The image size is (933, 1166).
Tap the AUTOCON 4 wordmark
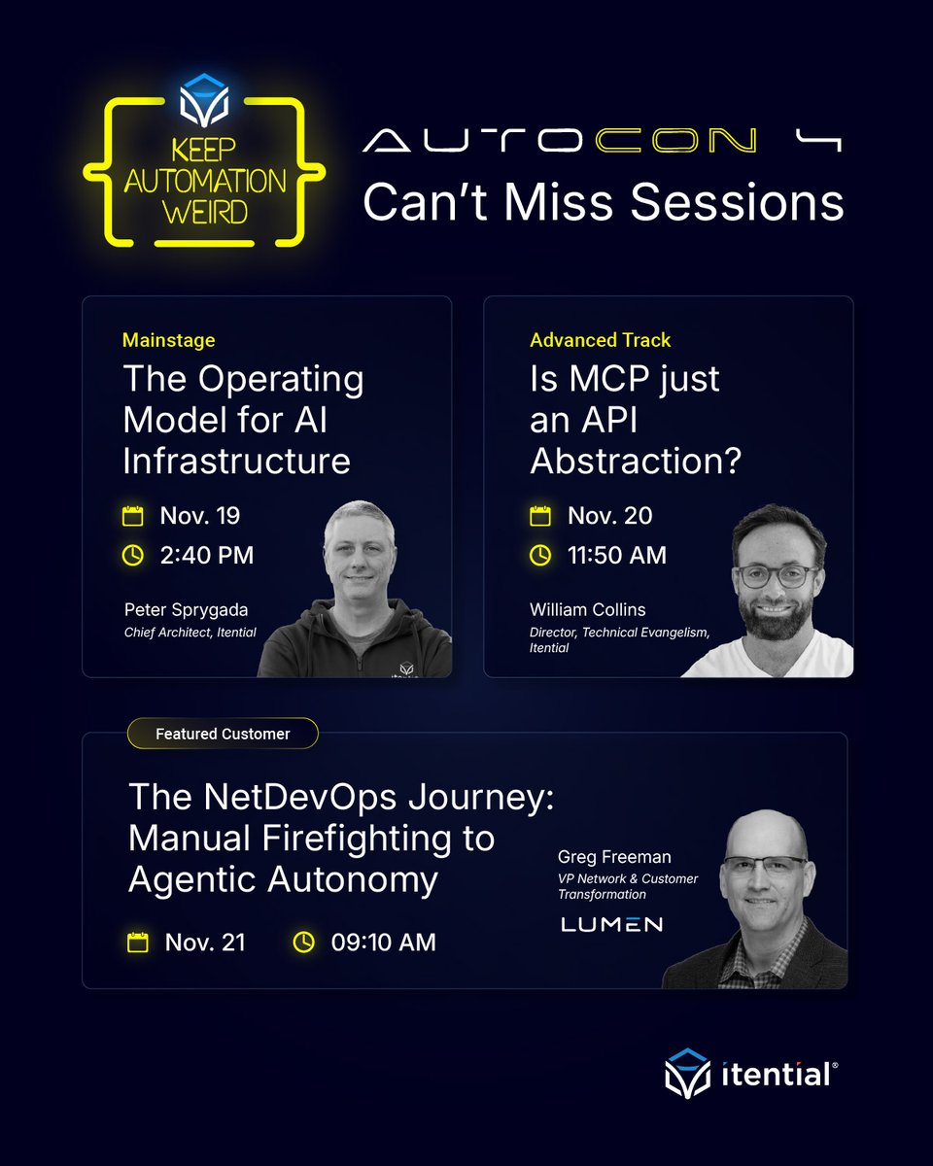click(x=602, y=142)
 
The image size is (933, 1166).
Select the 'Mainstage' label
click(x=169, y=340)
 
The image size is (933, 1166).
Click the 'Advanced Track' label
click(x=600, y=340)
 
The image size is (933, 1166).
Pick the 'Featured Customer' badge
click(x=223, y=734)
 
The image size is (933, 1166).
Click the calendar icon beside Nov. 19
click(x=133, y=515)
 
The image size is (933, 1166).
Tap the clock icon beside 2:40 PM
click(x=133, y=555)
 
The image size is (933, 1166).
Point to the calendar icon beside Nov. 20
click(x=539, y=515)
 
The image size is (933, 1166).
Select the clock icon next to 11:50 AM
click(x=539, y=555)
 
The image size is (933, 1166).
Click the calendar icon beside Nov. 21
click(x=138, y=942)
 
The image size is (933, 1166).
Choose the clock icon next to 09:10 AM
click(x=304, y=942)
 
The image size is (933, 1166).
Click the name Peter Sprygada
click(x=186, y=610)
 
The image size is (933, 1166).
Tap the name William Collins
click(x=587, y=610)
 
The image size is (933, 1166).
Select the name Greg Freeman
click(x=614, y=857)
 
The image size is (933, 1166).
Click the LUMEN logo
click(x=611, y=924)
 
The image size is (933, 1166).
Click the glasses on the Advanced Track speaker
click(x=777, y=575)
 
